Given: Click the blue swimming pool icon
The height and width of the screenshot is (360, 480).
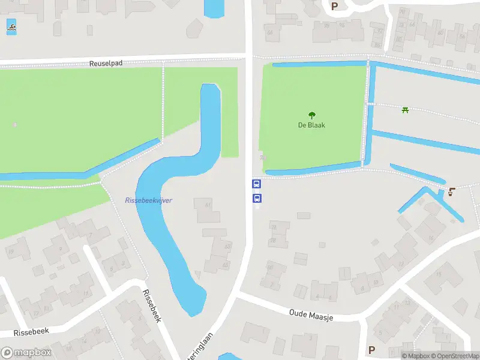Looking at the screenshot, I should pos(11,26).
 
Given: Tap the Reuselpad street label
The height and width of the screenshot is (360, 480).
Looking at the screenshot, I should pos(106,63).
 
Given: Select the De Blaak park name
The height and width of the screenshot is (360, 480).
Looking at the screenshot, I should pos(311,125).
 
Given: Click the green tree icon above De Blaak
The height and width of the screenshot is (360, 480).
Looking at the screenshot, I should pos(311,115).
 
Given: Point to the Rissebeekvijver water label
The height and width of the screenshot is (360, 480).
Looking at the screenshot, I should pos(149,200).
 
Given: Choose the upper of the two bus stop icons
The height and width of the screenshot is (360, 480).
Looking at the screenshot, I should pos(256,184).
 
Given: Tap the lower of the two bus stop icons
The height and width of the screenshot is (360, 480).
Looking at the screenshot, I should pos(256,198).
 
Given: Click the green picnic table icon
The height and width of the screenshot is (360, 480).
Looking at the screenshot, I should pos(405,110).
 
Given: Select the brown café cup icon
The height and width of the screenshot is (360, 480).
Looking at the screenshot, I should pos(451,192).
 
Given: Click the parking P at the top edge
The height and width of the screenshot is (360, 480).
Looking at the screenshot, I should pos(334,6).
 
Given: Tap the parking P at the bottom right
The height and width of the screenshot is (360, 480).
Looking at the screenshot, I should pos(371,350).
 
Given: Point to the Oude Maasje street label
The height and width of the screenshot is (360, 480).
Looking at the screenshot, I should pos(311,314).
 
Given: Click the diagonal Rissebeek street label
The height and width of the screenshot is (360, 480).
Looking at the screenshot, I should pos(152,306).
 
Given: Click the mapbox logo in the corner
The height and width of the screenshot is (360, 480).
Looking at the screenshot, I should pos(26,353).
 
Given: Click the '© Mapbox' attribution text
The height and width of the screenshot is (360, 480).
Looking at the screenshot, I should pos(415,356).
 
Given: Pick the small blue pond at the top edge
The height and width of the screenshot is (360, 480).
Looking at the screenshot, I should pos(214,8).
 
